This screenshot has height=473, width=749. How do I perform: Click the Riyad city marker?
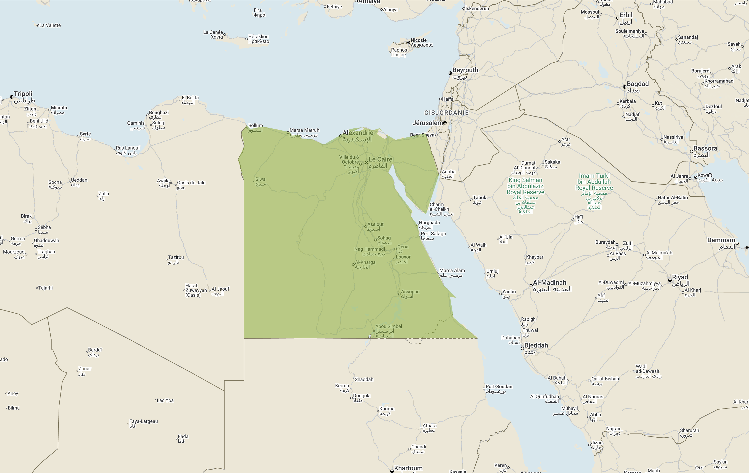tap(670, 280)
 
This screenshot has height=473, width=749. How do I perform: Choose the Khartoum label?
tap(408, 468)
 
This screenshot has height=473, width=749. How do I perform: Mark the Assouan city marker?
tap(399, 294)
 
